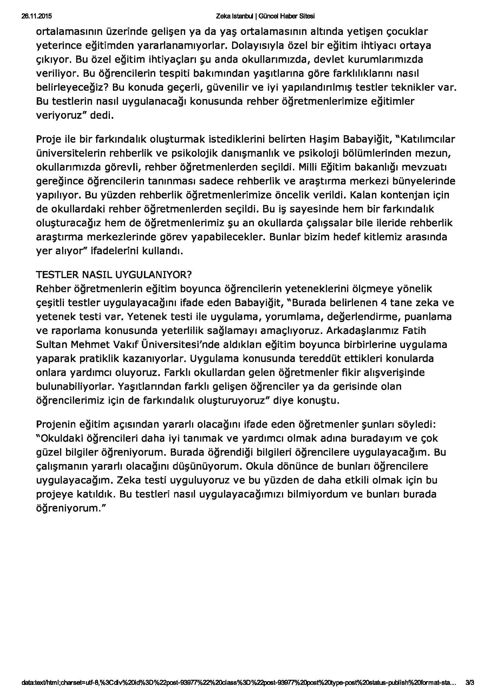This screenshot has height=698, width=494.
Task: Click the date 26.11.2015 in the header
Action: [x=36, y=16]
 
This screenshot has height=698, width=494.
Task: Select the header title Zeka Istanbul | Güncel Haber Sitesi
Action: [x=265, y=16]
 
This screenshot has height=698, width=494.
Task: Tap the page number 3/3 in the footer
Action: [x=470, y=689]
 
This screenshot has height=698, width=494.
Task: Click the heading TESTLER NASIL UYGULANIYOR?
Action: [x=114, y=275]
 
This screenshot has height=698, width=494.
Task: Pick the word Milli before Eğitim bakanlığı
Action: [x=308, y=167]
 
